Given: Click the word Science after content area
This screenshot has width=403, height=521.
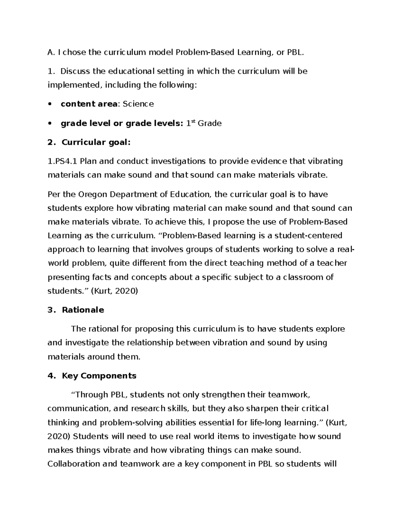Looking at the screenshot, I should tap(138, 104).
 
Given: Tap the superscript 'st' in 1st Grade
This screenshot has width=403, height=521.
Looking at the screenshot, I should tap(193, 121).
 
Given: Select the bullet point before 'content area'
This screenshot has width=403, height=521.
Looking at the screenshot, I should tap(50, 104).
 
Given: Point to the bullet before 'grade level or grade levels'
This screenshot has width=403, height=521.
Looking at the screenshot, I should tap(50, 123).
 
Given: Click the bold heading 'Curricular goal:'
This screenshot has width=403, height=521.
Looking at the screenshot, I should tap(96, 143).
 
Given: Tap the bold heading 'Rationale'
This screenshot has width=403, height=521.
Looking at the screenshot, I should tap(83, 310).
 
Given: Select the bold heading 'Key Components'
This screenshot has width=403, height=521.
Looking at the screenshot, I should tap(99, 376).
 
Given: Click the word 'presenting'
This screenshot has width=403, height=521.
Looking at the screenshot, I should tap(68, 277).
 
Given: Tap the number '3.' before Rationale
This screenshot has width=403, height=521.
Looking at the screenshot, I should tap(51, 310).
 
